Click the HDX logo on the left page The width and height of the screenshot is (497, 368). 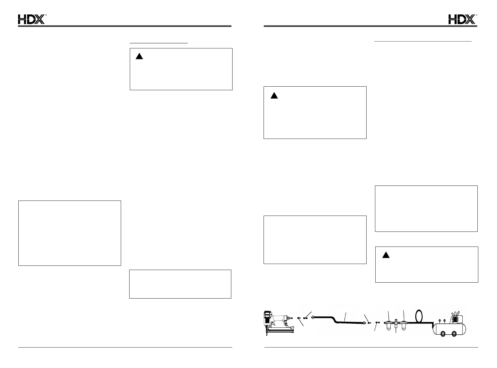click(x=32, y=20)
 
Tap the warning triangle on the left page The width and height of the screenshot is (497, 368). click(x=139, y=56)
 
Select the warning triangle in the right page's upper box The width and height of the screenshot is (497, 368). click(x=274, y=96)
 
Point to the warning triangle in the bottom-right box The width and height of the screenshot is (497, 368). click(x=386, y=255)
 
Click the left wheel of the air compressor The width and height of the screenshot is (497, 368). click(x=443, y=333)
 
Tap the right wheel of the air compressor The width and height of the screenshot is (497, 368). click(x=455, y=333)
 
